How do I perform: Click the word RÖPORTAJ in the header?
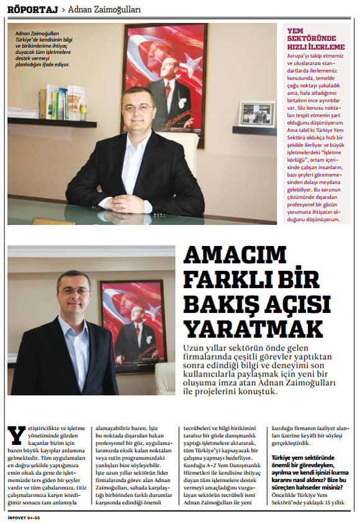32,9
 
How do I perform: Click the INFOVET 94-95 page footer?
24,517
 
